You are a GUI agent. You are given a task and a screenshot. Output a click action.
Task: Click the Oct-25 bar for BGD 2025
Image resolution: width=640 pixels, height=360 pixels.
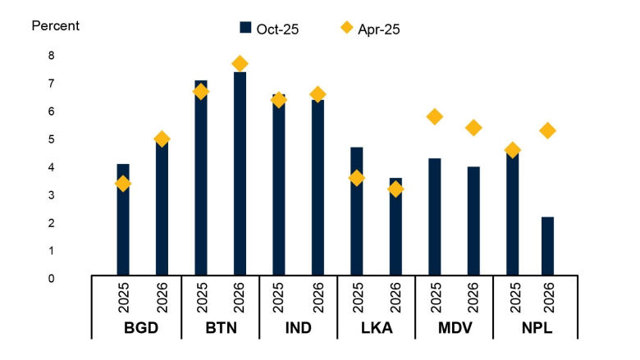point(123,219)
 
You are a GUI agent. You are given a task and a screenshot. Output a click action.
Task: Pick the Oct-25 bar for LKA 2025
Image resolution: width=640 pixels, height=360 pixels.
point(357,211)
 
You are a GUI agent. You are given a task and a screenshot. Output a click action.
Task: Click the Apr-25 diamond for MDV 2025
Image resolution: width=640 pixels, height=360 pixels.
point(435,116)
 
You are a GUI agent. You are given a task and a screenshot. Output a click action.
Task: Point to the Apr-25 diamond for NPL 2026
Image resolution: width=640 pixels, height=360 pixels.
point(547,130)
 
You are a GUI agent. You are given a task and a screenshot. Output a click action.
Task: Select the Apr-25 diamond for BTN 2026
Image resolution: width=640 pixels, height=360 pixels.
point(240,63)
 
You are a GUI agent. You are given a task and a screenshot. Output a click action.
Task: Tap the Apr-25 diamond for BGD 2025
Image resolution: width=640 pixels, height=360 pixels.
point(123,184)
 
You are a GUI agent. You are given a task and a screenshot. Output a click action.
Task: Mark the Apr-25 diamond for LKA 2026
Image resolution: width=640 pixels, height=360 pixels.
point(395,189)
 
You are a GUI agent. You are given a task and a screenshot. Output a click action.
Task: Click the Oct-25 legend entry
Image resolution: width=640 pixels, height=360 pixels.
point(269,29)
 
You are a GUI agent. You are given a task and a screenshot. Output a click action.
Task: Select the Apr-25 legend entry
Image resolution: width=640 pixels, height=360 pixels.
point(370,29)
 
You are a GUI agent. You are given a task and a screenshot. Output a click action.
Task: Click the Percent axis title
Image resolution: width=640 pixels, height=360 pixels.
point(55,25)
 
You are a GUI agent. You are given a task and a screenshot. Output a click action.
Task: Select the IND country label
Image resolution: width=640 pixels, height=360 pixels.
point(298,328)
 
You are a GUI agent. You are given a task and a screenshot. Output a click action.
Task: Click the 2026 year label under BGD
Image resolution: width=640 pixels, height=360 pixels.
point(162,297)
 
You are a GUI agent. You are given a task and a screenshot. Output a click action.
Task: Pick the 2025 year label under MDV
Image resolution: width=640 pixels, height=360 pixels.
point(435,297)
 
